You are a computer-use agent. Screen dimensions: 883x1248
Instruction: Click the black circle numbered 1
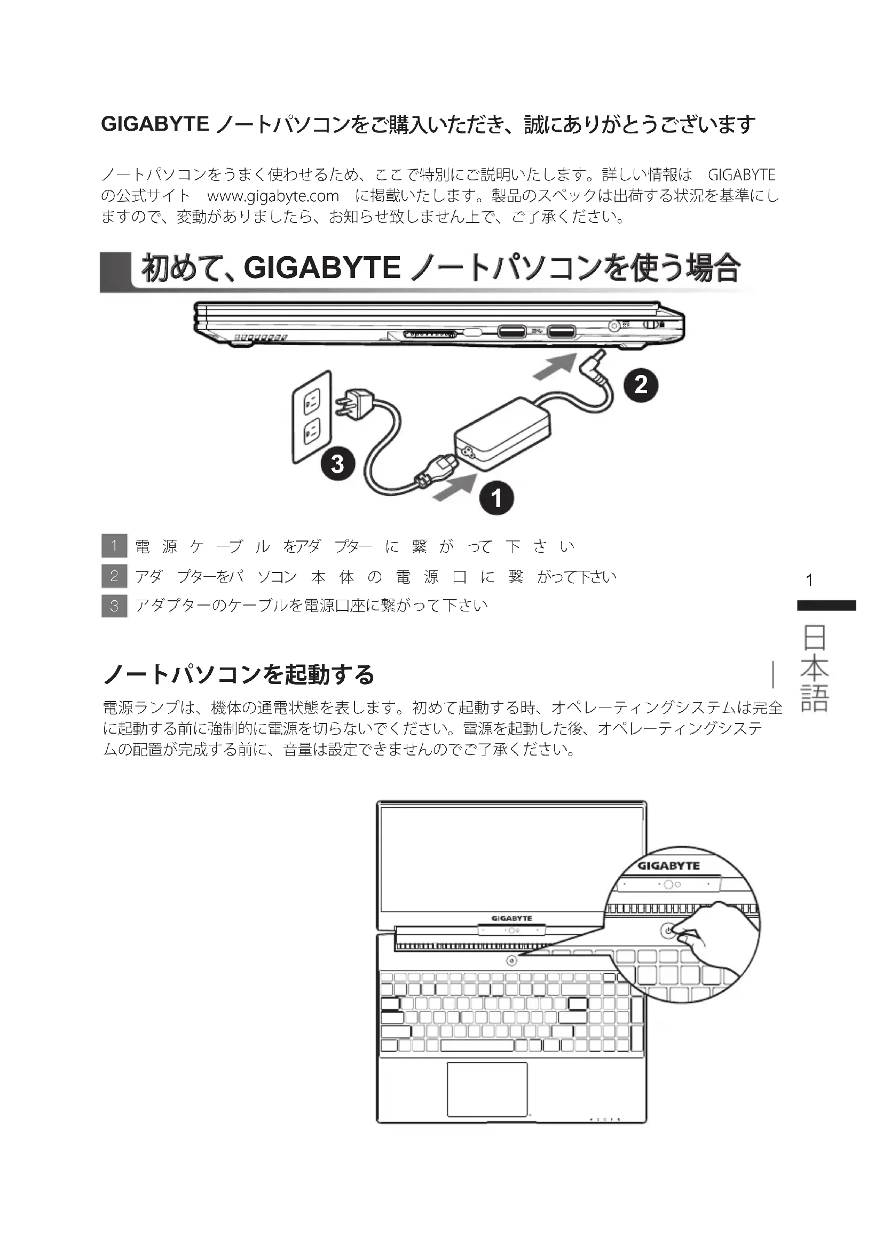(496, 497)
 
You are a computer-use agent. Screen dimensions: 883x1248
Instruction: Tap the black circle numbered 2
(641, 385)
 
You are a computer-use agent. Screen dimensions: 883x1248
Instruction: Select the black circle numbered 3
(337, 464)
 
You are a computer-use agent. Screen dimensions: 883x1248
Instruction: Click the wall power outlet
(312, 417)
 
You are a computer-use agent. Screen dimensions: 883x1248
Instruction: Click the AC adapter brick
(502, 433)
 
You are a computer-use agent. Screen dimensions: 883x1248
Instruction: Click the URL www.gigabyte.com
(273, 196)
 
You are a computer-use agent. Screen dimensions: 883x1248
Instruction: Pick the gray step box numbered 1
(114, 546)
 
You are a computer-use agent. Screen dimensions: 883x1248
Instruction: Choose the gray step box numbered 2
(114, 576)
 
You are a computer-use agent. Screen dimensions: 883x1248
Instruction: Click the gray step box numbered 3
(114, 606)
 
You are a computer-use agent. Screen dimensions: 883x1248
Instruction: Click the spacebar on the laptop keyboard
(477, 1045)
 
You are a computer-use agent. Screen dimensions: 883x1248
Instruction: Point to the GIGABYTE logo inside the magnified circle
(668, 865)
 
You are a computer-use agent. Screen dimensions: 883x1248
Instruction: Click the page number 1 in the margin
(809, 580)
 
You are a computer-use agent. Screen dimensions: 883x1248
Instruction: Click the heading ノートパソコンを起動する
(239, 674)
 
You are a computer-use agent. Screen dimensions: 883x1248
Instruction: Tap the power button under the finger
(668, 930)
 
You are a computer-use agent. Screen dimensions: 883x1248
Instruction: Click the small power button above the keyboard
(511, 961)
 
